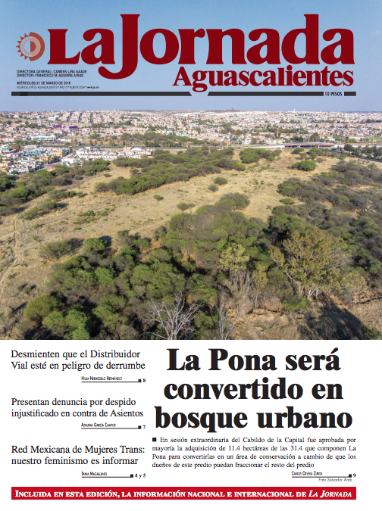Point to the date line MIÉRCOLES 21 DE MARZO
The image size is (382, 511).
pos(44,83)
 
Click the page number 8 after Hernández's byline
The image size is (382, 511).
pos(143,380)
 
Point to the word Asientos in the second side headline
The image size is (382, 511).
pos(121,414)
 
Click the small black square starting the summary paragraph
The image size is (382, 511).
pos(154,439)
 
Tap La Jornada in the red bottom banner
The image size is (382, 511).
pos(330,494)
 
